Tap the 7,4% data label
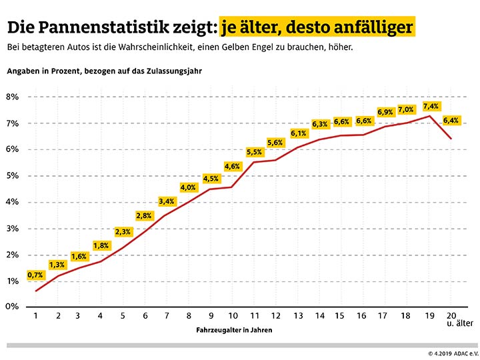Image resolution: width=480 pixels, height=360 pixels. click(431, 106)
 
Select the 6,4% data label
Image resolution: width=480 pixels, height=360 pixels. click(451, 121)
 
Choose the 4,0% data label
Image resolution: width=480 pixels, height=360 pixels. click(189, 187)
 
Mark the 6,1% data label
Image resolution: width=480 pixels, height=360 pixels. click(299, 133)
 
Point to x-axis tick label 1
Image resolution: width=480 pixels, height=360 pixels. click(36, 317)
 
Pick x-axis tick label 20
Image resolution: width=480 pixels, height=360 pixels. click(451, 317)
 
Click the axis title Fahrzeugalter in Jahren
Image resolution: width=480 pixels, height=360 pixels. click(234, 330)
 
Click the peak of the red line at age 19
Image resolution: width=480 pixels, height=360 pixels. click(430, 116)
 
